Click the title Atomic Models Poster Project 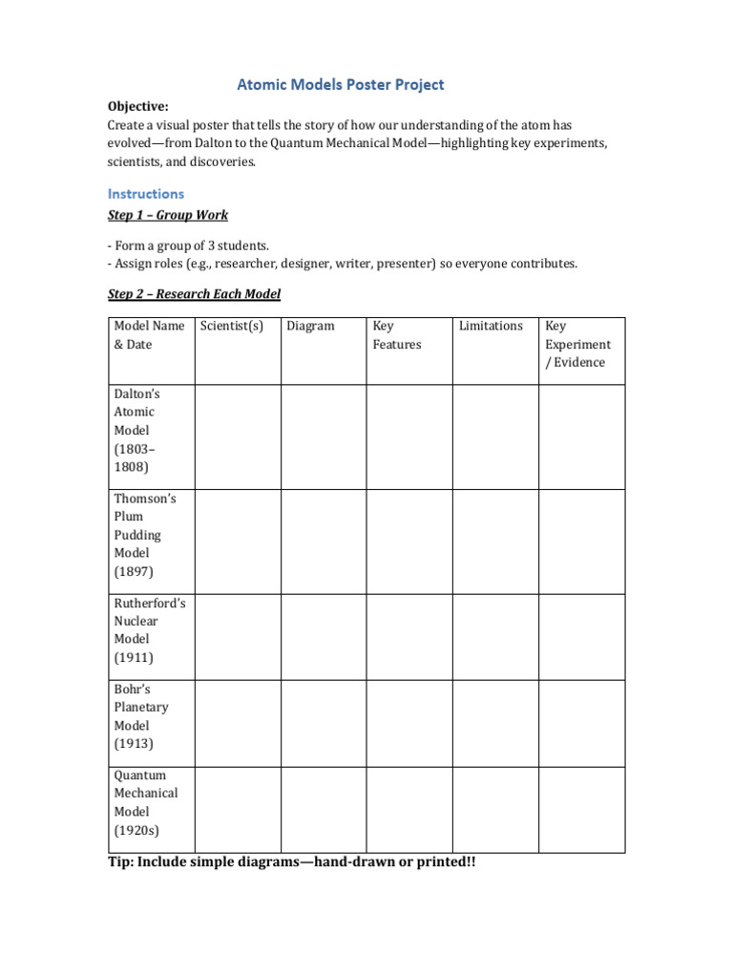(340, 85)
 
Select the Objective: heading (140, 107)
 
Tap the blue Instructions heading (145, 194)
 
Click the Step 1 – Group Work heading (167, 216)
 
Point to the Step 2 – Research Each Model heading (194, 294)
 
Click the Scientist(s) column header (231, 327)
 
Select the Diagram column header (310, 327)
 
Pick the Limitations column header (491, 327)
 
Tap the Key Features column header (396, 335)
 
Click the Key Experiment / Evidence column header (577, 344)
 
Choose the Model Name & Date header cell (149, 335)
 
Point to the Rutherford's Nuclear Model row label (149, 630)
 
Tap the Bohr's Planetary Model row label (140, 716)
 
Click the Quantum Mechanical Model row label (145, 802)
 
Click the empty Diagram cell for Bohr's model (324, 723)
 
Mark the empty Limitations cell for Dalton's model (495, 437)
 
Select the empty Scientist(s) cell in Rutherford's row (238, 637)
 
